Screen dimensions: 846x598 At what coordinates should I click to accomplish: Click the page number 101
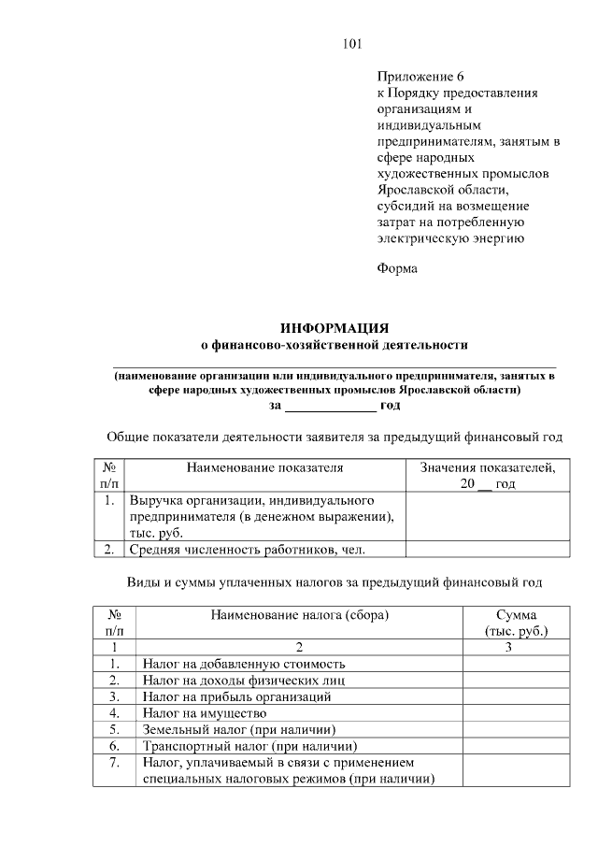tap(351, 44)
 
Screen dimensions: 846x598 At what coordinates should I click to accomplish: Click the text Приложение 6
tap(420, 77)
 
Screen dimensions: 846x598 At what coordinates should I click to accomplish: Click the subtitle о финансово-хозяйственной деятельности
tap(335, 345)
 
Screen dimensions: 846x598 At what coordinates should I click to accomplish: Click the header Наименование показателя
tap(264, 467)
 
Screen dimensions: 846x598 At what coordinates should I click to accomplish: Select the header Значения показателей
tap(487, 467)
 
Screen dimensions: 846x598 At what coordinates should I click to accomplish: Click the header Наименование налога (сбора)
tap(299, 615)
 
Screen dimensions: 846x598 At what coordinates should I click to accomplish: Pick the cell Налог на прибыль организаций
tap(236, 696)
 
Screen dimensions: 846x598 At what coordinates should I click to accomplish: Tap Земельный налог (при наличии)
tap(238, 729)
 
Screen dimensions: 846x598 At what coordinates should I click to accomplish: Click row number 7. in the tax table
tap(114, 763)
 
